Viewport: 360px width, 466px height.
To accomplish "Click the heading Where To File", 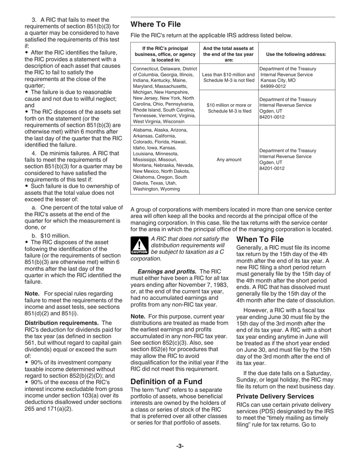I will [x=156, y=25].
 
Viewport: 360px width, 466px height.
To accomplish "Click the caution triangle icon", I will [x=139, y=246].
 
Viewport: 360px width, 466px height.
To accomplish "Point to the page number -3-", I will [x=180, y=446].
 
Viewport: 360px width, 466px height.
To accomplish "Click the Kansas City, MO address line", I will [x=278, y=81].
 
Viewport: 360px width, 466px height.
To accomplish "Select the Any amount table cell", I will [x=229, y=160].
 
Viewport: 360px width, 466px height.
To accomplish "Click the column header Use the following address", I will [x=296, y=54].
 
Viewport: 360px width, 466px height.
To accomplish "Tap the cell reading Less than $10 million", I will [x=229, y=75].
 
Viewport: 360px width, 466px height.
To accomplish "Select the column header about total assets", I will [x=229, y=54].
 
